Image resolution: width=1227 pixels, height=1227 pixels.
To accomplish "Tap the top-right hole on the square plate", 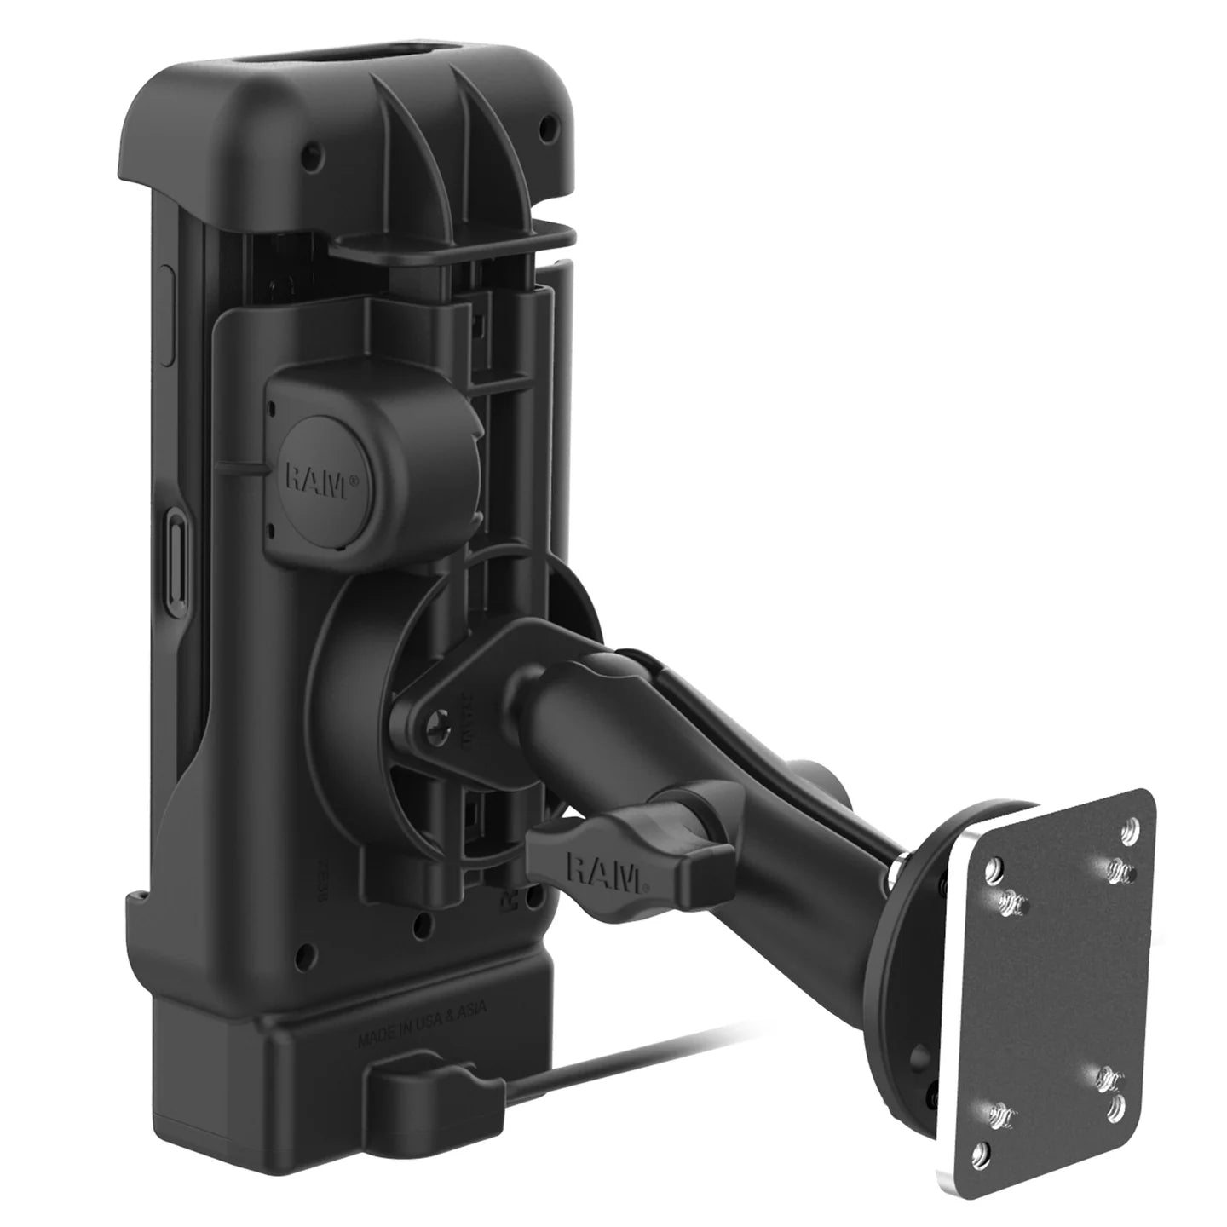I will pos(1131,826).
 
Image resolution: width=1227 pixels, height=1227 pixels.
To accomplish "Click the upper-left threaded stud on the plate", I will pos(1010,898).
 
